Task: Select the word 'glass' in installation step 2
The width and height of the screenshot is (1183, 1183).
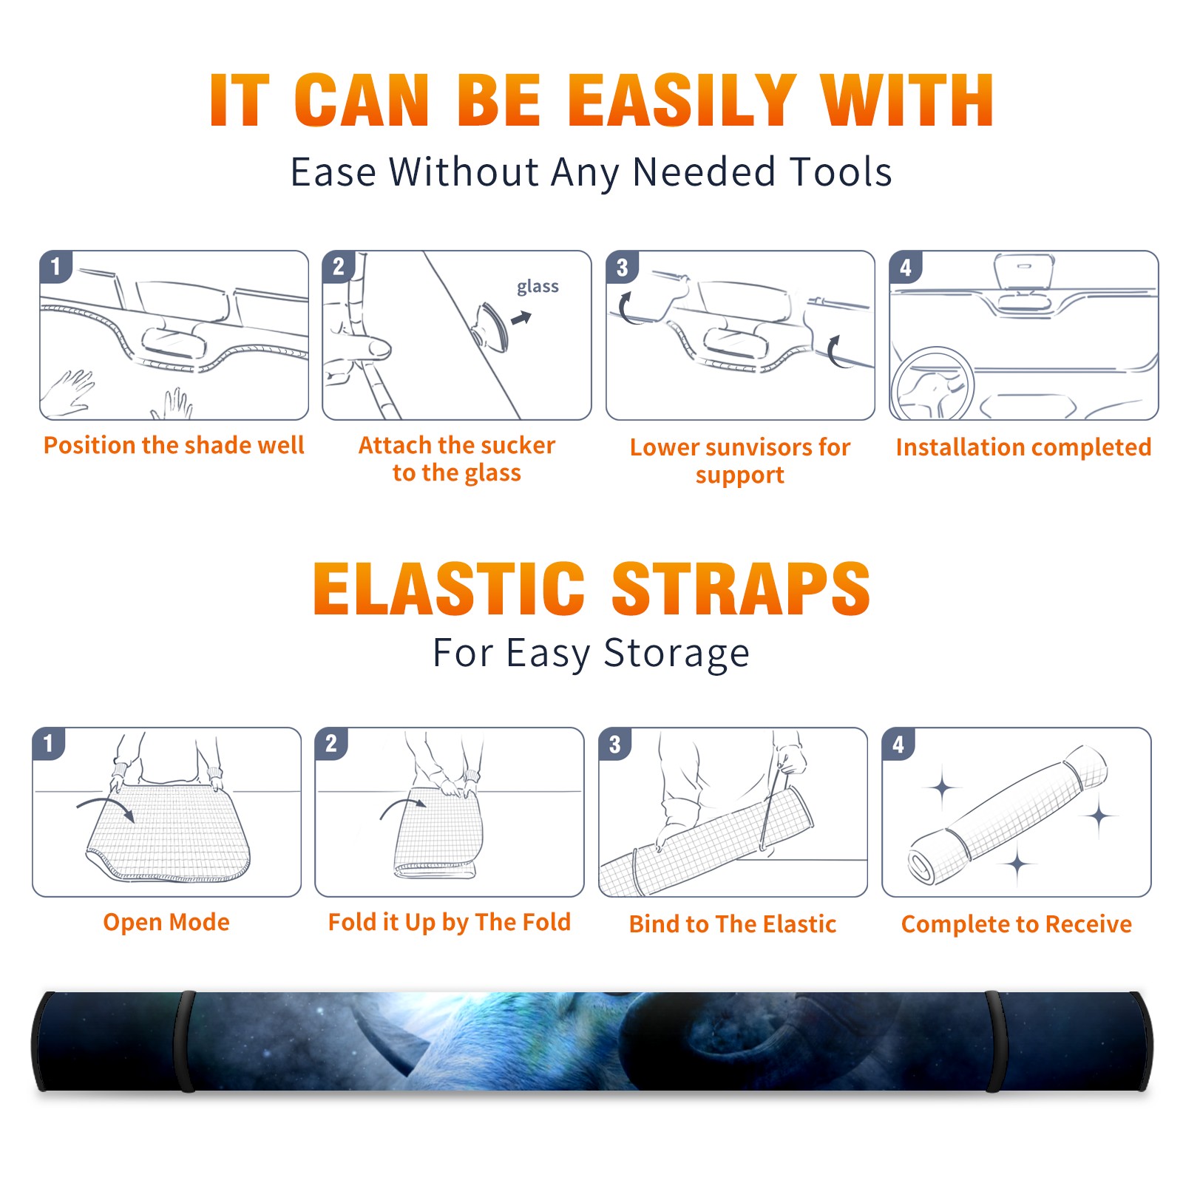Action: [x=538, y=287]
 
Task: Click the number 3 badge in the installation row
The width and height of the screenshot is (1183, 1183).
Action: [x=622, y=267]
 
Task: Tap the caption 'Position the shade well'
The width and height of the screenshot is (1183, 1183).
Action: [x=174, y=445]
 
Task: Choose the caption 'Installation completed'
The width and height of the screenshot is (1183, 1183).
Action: [x=1023, y=447]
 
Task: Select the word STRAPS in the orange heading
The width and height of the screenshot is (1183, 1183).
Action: [x=741, y=589]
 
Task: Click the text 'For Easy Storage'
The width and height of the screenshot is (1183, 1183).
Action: [x=591, y=653]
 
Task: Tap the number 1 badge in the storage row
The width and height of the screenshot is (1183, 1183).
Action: [x=48, y=744]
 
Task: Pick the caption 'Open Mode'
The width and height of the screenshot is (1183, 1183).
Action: [x=166, y=922]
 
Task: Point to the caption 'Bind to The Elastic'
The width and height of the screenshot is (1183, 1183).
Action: [x=732, y=923]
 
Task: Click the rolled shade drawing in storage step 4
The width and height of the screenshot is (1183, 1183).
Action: [x=1008, y=815]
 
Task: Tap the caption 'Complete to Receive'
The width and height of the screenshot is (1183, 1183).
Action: [x=1016, y=924]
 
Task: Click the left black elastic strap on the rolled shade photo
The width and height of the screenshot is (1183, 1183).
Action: [x=185, y=1041]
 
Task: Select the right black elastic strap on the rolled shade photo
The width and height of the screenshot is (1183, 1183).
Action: [x=993, y=1041]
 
